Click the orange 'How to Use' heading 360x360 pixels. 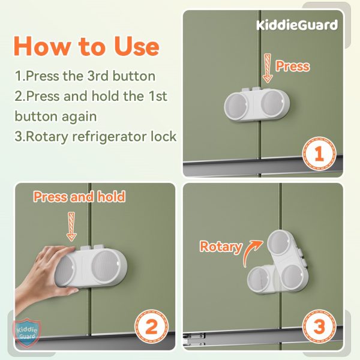click(x=86, y=47)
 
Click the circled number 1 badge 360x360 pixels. click(x=319, y=154)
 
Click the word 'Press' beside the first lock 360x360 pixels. click(x=292, y=65)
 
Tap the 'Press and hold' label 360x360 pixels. click(x=79, y=196)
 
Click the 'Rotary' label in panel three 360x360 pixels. click(x=220, y=246)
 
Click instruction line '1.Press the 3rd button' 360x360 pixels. click(x=85, y=76)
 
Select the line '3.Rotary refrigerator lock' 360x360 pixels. click(x=95, y=136)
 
